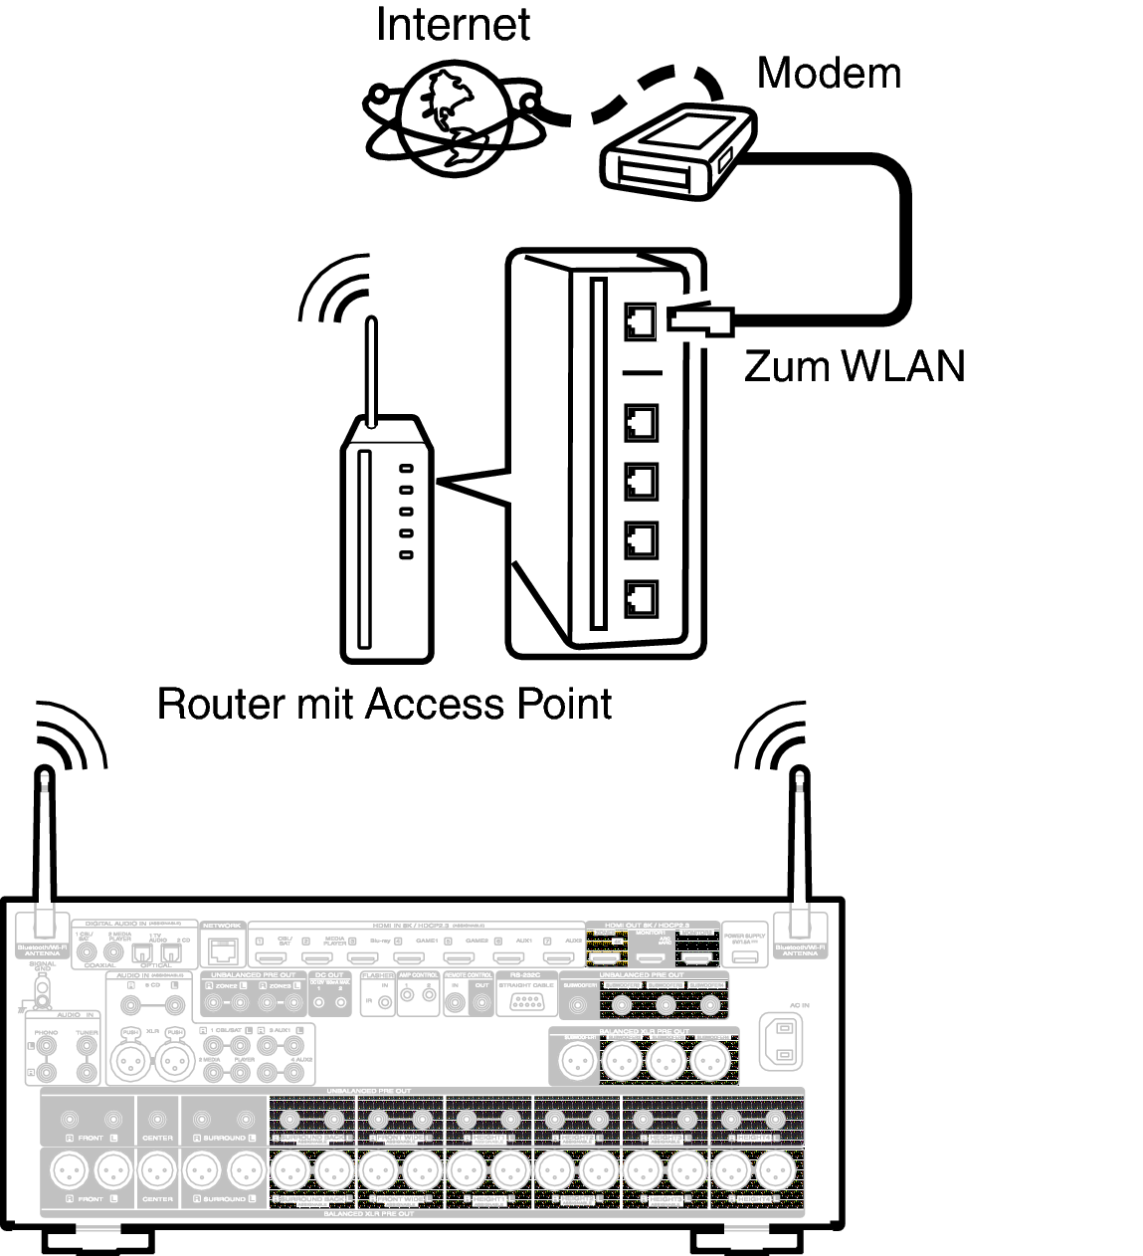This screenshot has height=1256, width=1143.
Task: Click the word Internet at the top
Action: [x=453, y=24]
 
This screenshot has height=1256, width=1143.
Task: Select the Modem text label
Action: [x=828, y=73]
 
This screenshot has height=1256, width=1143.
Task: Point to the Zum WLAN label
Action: [x=854, y=366]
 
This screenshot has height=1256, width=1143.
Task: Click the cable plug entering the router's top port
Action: [x=701, y=318]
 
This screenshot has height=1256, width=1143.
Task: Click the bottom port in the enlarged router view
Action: [x=641, y=598]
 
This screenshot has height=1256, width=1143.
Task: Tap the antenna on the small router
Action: [x=371, y=368]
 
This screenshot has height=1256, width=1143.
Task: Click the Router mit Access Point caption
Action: [x=384, y=704]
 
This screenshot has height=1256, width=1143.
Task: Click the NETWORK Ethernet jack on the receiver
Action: [x=224, y=951]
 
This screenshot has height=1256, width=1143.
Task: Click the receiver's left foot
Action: [x=96, y=1241]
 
